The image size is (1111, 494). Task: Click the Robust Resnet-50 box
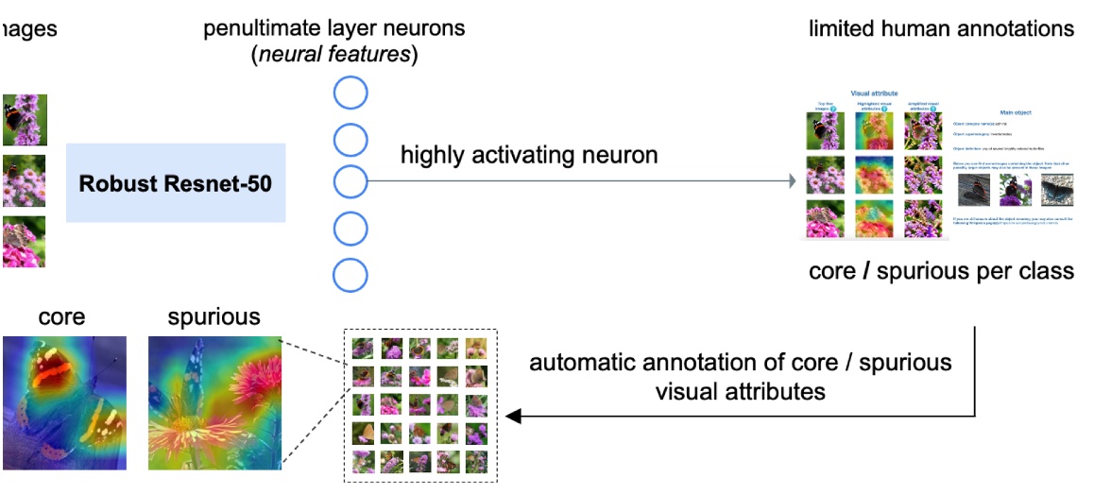[176, 183]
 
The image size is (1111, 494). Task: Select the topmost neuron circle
[350, 94]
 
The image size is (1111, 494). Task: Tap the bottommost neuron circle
[350, 274]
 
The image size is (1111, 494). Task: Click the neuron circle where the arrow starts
[350, 181]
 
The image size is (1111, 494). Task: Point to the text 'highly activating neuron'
[529, 155]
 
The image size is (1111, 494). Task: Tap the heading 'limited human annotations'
[941, 29]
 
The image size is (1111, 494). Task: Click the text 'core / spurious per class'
[941, 272]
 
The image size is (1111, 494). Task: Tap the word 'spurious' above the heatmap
[214, 317]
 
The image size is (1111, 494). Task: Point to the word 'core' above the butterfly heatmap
[61, 317]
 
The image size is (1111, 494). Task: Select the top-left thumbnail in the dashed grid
[361, 348]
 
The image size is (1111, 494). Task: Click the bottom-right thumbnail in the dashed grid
[477, 462]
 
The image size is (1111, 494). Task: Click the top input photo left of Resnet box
[24, 119]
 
